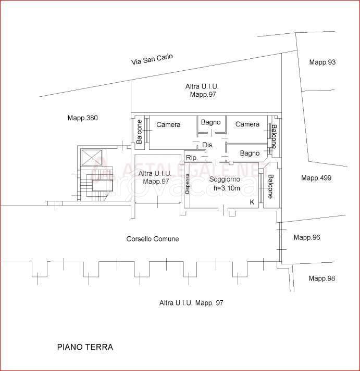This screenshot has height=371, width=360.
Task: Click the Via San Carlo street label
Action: click(x=152, y=59)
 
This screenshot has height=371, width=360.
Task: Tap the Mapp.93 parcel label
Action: click(x=322, y=62)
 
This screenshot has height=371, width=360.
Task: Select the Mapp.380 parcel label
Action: click(x=83, y=118)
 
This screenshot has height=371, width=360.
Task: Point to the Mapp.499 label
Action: click(x=316, y=178)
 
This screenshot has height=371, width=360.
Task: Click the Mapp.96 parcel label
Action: click(x=307, y=237)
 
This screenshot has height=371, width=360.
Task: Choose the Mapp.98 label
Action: click(x=322, y=278)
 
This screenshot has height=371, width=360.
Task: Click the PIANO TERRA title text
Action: click(x=85, y=347)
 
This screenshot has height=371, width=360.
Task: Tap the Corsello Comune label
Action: click(x=153, y=239)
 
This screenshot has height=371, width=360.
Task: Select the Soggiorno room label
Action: click(x=225, y=180)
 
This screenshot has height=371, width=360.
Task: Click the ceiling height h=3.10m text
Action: click(x=227, y=188)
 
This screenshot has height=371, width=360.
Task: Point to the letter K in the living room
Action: click(x=252, y=202)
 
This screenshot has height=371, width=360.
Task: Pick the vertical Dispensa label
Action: click(x=188, y=184)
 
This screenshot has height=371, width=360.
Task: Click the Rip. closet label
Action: click(x=192, y=158)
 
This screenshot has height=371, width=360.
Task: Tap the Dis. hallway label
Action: click(x=208, y=145)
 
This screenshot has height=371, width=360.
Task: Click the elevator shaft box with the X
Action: click(x=91, y=157)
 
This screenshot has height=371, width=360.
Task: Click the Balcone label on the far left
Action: click(x=139, y=132)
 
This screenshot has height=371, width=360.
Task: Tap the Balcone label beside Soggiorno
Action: click(x=270, y=186)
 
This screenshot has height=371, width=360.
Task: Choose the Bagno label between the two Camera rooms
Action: click(x=211, y=122)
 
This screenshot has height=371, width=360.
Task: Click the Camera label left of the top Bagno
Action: click(x=168, y=125)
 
